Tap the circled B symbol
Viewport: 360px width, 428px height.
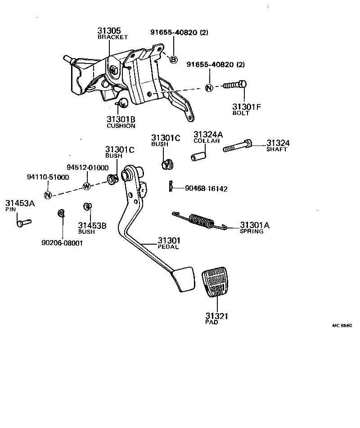pyautogui.click(x=174, y=59)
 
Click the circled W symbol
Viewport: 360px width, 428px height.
pyautogui.click(x=86, y=186)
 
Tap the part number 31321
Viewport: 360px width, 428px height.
pyautogui.click(x=217, y=316)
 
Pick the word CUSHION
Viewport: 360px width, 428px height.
pyautogui.click(x=121, y=126)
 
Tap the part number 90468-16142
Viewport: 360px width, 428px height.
pyautogui.click(x=206, y=189)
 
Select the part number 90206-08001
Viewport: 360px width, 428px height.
pyautogui.click(x=62, y=243)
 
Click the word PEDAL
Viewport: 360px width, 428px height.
pyautogui.click(x=168, y=247)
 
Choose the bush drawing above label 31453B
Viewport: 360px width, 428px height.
pyautogui.click(x=87, y=207)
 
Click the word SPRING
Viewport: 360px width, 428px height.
pyautogui.click(x=251, y=231)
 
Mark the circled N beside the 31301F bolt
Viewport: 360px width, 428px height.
pyautogui.click(x=209, y=87)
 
